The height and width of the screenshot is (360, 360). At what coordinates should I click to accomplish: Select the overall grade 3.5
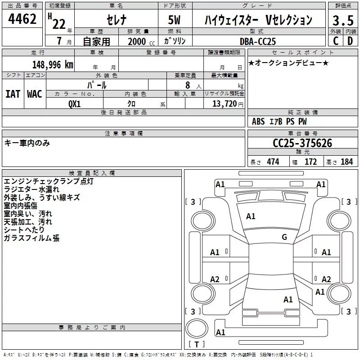tap(342, 21)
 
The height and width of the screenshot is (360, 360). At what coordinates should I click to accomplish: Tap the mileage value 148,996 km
tap(53, 65)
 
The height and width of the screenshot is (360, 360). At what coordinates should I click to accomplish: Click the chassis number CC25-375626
tap(302, 143)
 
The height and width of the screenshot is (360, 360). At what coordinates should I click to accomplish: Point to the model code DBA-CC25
tap(258, 41)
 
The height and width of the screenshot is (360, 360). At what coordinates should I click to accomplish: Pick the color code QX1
tap(75, 103)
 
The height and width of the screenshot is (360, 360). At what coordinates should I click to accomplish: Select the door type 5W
tap(175, 20)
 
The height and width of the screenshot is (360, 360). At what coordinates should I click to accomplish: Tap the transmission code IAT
tap(13, 94)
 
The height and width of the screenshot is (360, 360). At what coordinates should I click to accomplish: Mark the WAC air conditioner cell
tap(35, 94)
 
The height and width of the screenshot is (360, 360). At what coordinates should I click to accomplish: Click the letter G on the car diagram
tap(284, 237)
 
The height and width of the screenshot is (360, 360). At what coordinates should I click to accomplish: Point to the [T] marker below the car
tap(197, 344)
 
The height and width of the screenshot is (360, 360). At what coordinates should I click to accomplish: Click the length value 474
tap(272, 162)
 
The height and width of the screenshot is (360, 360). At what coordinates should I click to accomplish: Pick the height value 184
tap(346, 162)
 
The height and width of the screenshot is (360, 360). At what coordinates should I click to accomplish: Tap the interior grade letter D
tap(350, 41)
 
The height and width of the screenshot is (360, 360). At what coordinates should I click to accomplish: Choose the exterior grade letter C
tap(335, 41)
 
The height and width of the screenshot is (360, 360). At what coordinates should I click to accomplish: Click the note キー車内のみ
tap(27, 143)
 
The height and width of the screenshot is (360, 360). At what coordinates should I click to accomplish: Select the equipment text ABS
tap(258, 121)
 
